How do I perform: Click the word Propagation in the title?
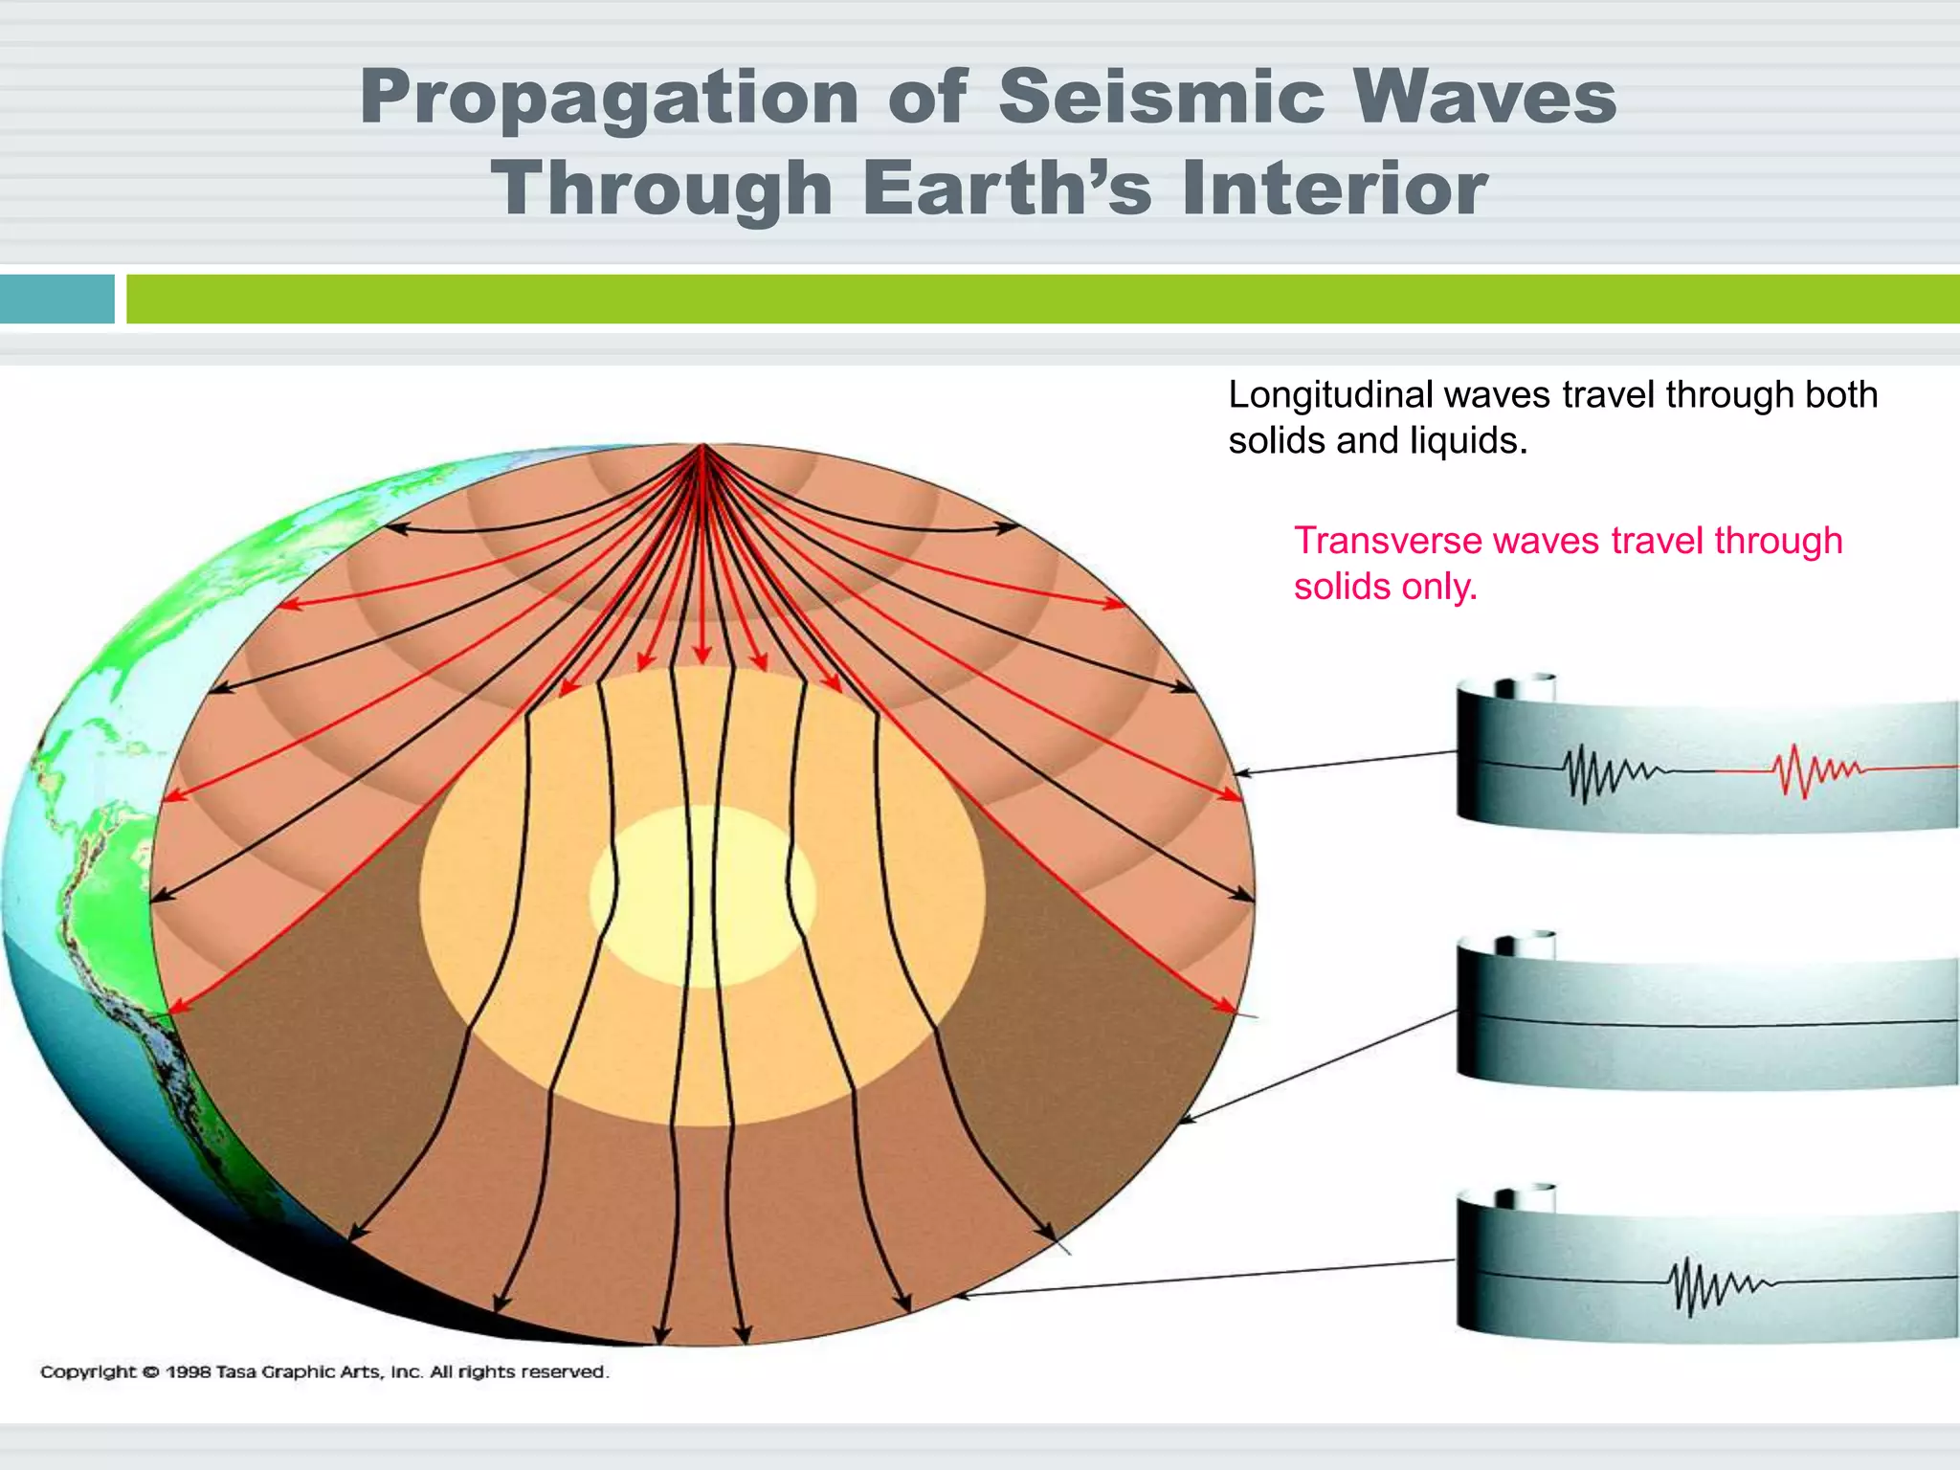click(609, 99)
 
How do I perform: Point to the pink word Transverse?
click(1388, 541)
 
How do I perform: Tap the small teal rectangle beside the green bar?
click(56, 299)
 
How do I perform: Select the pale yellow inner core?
click(703, 896)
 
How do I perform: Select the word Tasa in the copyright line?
click(236, 1372)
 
